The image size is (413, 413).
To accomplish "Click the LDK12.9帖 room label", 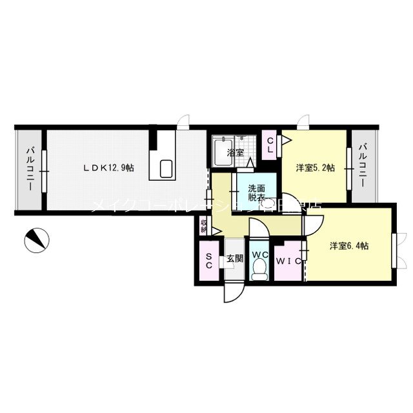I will click(108, 168).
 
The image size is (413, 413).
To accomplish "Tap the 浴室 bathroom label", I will click(236, 153).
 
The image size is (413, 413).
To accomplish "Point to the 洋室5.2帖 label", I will click(316, 168).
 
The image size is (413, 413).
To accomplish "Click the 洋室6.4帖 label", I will click(348, 245).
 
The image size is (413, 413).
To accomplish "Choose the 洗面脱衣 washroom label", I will click(256, 194).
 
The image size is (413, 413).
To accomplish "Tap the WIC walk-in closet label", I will click(288, 261).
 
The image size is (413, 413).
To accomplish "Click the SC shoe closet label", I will click(209, 260).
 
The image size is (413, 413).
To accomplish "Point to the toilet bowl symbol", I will click(259, 274).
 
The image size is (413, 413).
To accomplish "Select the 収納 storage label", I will click(204, 226).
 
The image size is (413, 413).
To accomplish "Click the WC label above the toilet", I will click(259, 255).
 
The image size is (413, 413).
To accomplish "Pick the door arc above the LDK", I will click(185, 121).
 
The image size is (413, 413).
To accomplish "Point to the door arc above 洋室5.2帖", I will click(303, 121).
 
